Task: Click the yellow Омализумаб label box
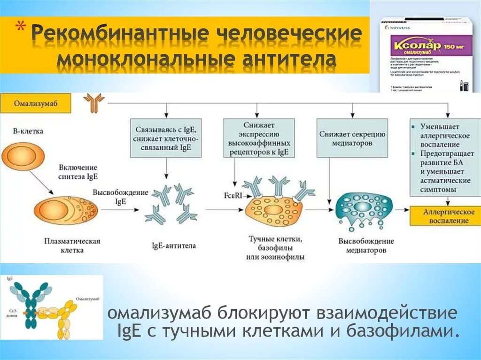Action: [35, 103]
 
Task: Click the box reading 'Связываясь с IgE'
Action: [166, 137]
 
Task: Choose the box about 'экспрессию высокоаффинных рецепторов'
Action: [259, 138]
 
